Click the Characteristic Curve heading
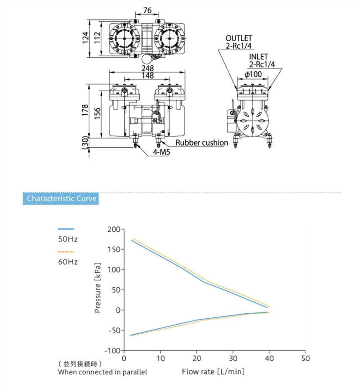(61, 198)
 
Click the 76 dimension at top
(147, 10)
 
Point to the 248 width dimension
(147, 68)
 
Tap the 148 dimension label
(147, 75)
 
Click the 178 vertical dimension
(85, 110)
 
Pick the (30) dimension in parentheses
(85, 142)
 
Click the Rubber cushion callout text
(202, 143)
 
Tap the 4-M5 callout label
(161, 152)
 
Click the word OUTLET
(239, 38)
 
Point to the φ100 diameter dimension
(253, 74)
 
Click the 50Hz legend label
(68, 240)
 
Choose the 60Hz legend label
(68, 262)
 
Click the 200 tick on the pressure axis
(113, 229)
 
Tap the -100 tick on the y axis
(112, 350)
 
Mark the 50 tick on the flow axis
(306, 359)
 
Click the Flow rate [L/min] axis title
(213, 372)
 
